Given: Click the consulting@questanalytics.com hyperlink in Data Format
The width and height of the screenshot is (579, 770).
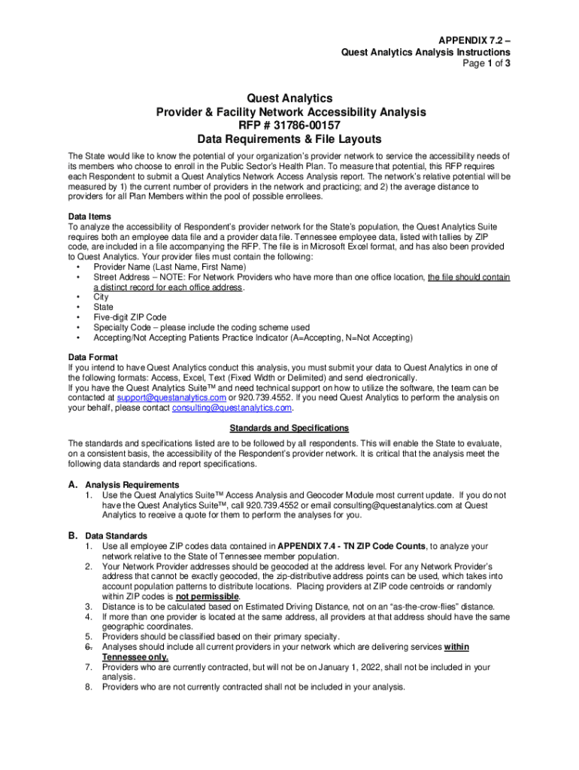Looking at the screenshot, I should point(232,408).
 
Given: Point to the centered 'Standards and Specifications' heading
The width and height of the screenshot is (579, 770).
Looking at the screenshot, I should point(289,428).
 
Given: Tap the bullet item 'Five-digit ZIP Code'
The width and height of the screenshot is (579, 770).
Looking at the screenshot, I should point(130,317).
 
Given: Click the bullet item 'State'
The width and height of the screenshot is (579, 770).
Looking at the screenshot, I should point(104,307).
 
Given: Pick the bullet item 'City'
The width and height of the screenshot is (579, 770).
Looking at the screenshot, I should point(102,297).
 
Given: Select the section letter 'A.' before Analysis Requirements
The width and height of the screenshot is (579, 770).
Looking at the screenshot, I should point(74,484).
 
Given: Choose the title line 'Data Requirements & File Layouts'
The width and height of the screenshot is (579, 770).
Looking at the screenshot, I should point(289,139).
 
